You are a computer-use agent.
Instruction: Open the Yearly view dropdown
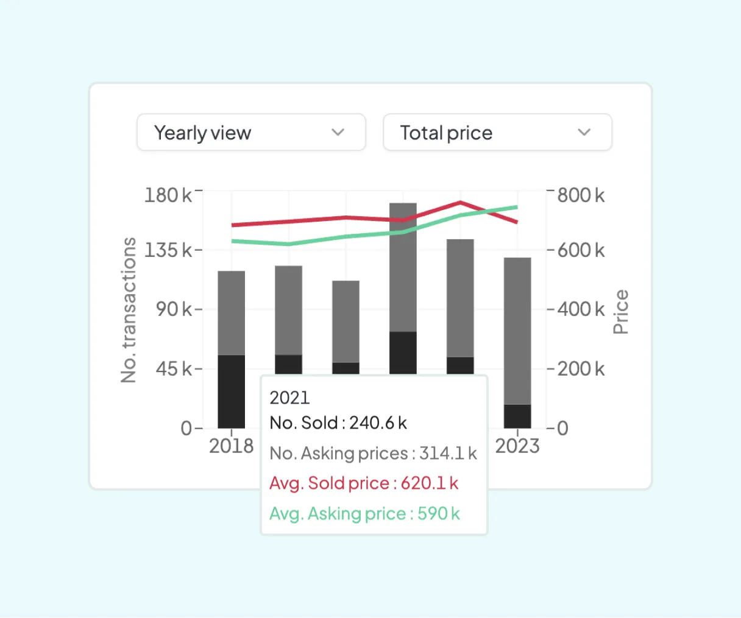(251, 132)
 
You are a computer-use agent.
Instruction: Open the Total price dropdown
(497, 132)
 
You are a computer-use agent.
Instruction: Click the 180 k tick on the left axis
(168, 195)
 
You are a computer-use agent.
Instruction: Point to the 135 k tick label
(168, 250)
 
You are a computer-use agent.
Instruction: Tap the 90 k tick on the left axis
(173, 309)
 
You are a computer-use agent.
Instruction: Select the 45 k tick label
(173, 369)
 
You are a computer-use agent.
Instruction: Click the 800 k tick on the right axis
(581, 195)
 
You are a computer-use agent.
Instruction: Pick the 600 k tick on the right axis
(581, 250)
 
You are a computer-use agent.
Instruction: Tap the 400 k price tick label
(581, 309)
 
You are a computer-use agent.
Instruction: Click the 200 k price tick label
(581, 369)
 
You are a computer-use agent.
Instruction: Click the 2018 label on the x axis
(231, 446)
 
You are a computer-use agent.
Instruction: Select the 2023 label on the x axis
(517, 446)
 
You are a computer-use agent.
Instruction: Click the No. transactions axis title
(129, 310)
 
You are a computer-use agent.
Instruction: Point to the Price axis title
(620, 312)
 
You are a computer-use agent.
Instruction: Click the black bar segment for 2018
(232, 391)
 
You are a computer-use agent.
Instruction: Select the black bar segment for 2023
(517, 416)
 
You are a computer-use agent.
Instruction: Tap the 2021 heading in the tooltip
(289, 398)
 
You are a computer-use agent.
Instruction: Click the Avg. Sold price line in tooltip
(364, 483)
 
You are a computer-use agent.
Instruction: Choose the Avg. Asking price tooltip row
(364, 514)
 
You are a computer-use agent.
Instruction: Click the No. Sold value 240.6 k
(378, 423)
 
